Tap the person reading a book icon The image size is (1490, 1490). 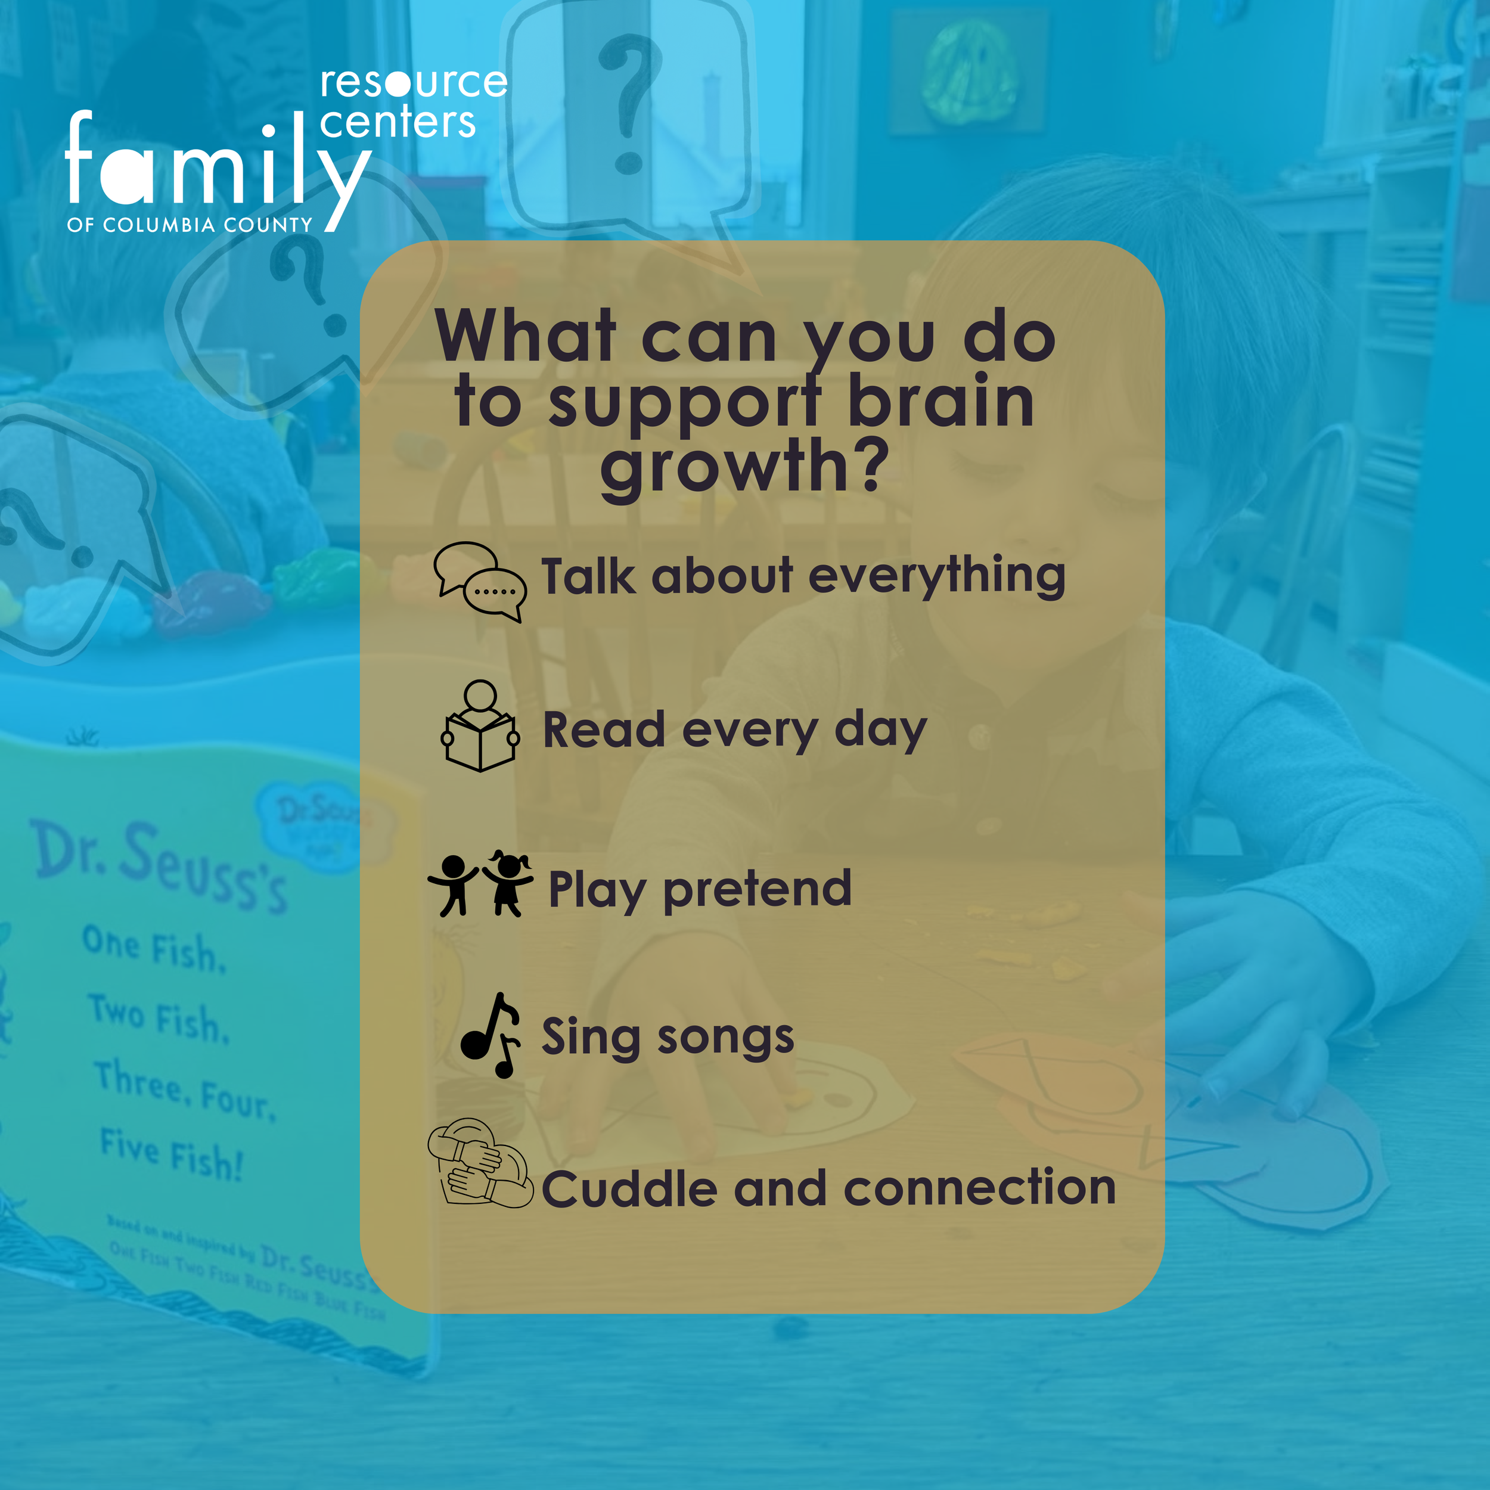[480, 727]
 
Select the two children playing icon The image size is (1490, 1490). [480, 884]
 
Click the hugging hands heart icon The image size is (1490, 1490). [480, 1163]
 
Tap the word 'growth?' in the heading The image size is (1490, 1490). [744, 466]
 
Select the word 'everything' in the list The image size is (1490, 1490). [937, 577]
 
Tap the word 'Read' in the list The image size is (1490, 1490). [603, 730]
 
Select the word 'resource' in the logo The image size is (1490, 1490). [414, 82]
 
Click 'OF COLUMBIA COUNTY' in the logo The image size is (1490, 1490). [190, 225]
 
